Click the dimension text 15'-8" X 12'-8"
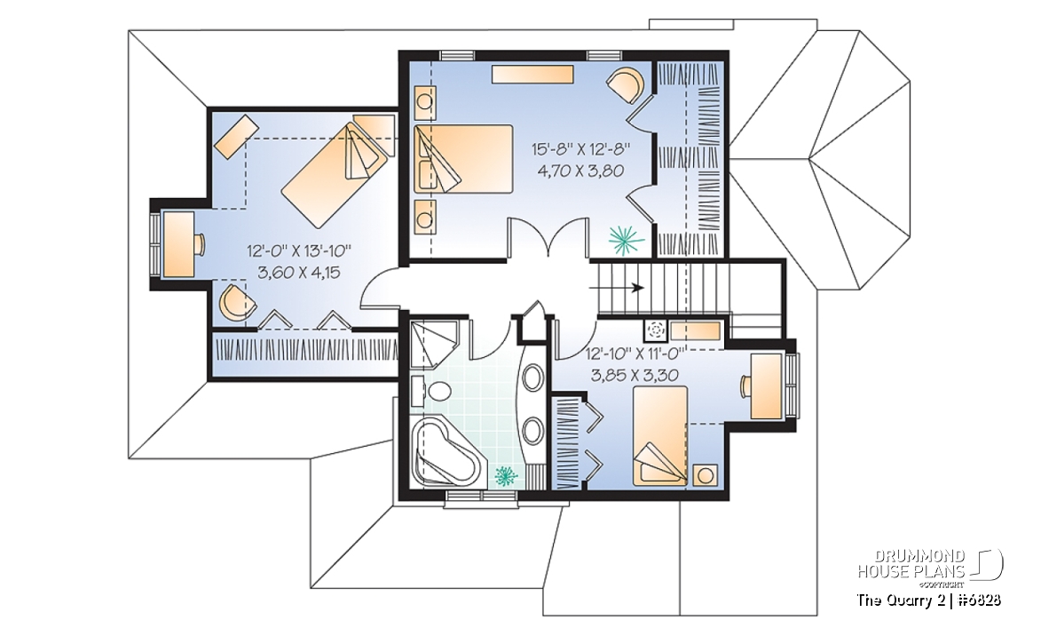click(580, 149)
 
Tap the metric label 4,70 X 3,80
click(580, 171)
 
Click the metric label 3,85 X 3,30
click(635, 376)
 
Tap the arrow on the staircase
click(617, 288)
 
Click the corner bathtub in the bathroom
click(444, 450)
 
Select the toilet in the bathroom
click(430, 390)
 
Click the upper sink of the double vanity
click(532, 378)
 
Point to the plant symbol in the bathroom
click(506, 475)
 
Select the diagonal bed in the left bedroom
click(335, 174)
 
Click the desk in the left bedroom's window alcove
click(177, 244)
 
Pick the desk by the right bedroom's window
click(766, 386)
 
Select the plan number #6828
click(980, 600)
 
